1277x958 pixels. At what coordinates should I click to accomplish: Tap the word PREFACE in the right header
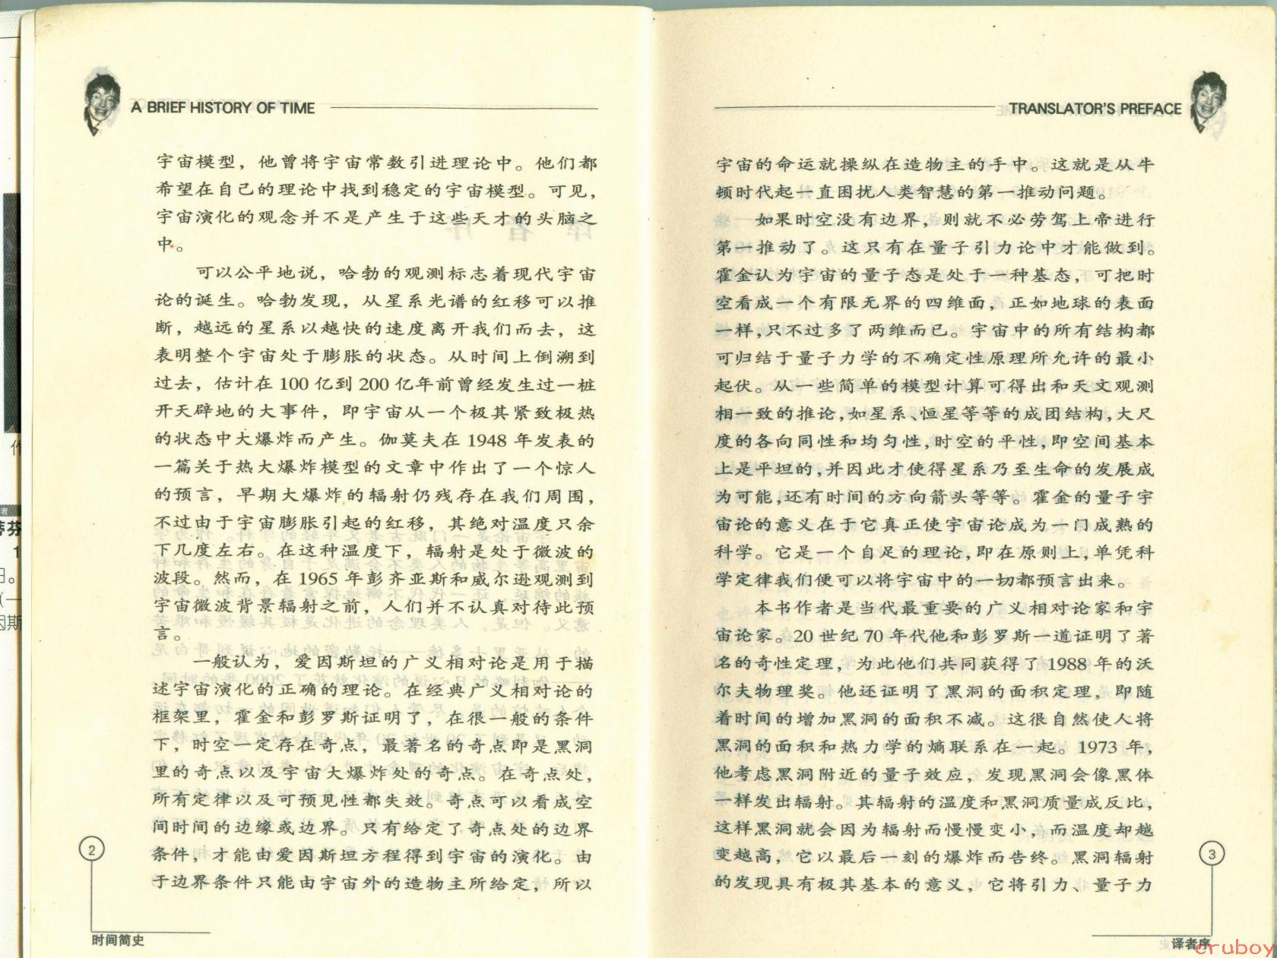[x=1151, y=109]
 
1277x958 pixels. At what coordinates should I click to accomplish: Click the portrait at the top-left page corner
[x=104, y=104]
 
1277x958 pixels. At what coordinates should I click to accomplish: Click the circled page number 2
[x=92, y=850]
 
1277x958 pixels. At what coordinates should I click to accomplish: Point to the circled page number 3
[x=1212, y=854]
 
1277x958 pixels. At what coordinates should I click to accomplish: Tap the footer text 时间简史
[x=117, y=941]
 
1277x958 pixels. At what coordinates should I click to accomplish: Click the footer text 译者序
[x=1190, y=944]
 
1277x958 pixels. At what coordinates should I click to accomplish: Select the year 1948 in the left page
[x=486, y=441]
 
